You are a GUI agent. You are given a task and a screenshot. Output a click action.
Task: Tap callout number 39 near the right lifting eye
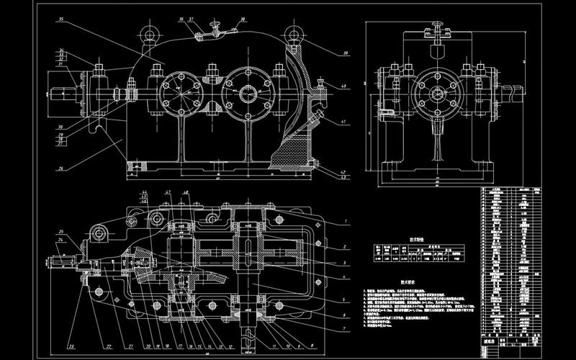click(x=327, y=54)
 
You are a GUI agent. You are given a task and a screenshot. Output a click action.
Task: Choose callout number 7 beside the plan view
click(x=346, y=328)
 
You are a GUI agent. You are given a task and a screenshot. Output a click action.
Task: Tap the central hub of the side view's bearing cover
click(x=436, y=93)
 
